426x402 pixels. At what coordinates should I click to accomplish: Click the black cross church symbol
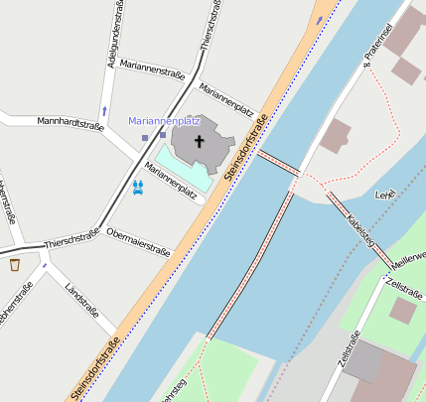[198, 141]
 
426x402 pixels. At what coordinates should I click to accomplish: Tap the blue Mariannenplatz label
[165, 121]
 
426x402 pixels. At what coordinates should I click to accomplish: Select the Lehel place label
[384, 196]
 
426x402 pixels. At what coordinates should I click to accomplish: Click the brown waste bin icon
[15, 265]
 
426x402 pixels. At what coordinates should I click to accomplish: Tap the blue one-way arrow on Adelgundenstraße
[104, 110]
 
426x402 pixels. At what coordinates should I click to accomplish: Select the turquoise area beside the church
[169, 164]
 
